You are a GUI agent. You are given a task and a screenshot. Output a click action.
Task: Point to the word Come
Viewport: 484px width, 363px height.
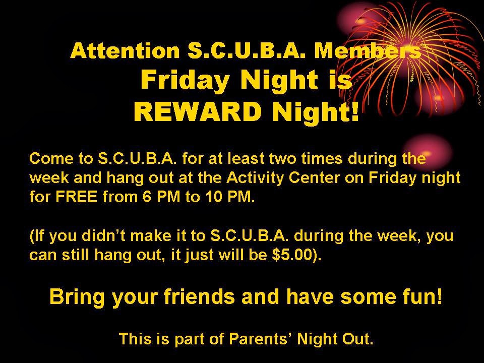[49, 159]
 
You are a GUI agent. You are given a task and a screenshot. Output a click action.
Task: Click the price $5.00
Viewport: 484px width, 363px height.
[296, 254]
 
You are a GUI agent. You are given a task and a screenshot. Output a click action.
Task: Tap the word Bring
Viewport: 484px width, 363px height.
[78, 297]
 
